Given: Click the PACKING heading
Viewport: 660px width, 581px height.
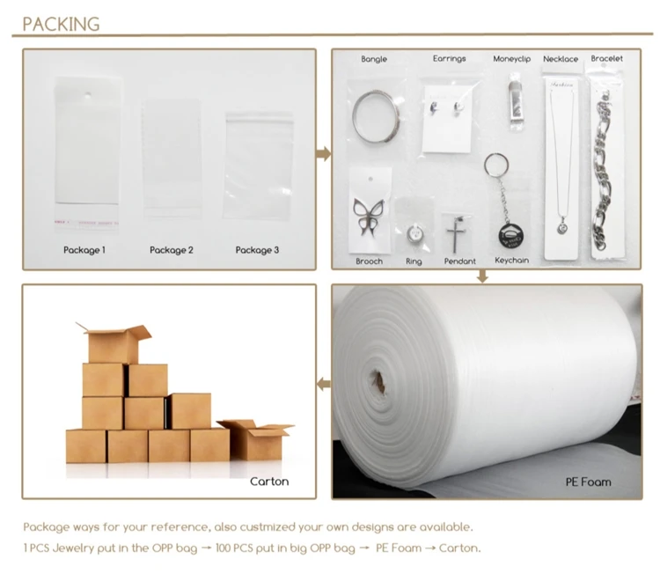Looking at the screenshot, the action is pyautogui.click(x=61, y=24).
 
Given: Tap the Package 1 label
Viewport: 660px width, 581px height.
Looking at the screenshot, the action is pyautogui.click(x=84, y=250).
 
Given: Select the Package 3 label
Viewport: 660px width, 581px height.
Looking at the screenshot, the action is pyautogui.click(x=257, y=250).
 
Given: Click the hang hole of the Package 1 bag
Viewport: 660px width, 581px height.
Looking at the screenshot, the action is pyautogui.click(x=87, y=95).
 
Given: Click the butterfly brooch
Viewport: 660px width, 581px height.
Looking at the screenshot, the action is pyautogui.click(x=369, y=217).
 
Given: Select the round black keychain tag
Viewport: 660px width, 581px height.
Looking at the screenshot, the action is pyautogui.click(x=511, y=235).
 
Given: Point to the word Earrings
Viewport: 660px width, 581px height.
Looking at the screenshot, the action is pyautogui.click(x=449, y=59).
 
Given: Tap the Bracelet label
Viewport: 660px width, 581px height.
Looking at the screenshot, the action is pyautogui.click(x=606, y=58).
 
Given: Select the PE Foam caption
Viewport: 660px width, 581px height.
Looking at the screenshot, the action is pyautogui.click(x=588, y=482).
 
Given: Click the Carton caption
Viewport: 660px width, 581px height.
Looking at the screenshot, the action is pyautogui.click(x=269, y=482).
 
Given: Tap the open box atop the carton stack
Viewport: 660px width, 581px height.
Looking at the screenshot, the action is pyautogui.click(x=114, y=343).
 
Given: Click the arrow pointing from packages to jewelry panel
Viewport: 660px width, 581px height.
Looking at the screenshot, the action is pyautogui.click(x=323, y=154).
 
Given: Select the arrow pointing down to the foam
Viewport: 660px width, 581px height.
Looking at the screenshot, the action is pyautogui.click(x=482, y=276).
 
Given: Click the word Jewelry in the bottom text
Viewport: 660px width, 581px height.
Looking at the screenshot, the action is pyautogui.click(x=73, y=548).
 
